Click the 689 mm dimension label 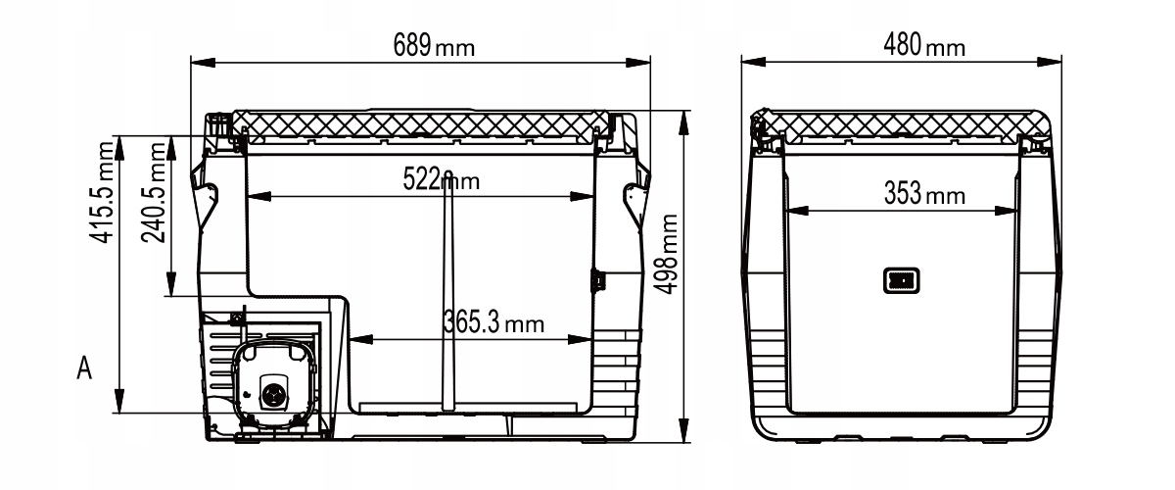point(434,46)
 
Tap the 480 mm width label point(924,45)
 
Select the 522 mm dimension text point(441,179)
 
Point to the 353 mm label point(924,193)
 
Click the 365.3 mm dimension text point(493,322)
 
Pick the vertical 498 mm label point(666,254)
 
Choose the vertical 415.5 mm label point(102,192)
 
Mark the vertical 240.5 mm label point(154,192)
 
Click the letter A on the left point(84,367)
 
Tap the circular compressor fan point(273,393)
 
